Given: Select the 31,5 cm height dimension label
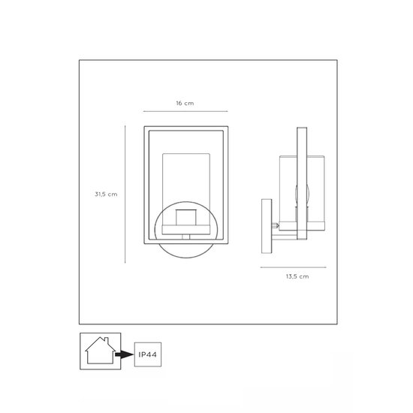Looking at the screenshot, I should point(106,193).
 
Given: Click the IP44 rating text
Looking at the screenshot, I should point(146,351).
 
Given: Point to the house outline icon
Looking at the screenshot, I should point(97,351).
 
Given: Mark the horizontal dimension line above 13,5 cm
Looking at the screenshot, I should point(294,267).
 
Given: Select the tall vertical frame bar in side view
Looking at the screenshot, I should point(301,184).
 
